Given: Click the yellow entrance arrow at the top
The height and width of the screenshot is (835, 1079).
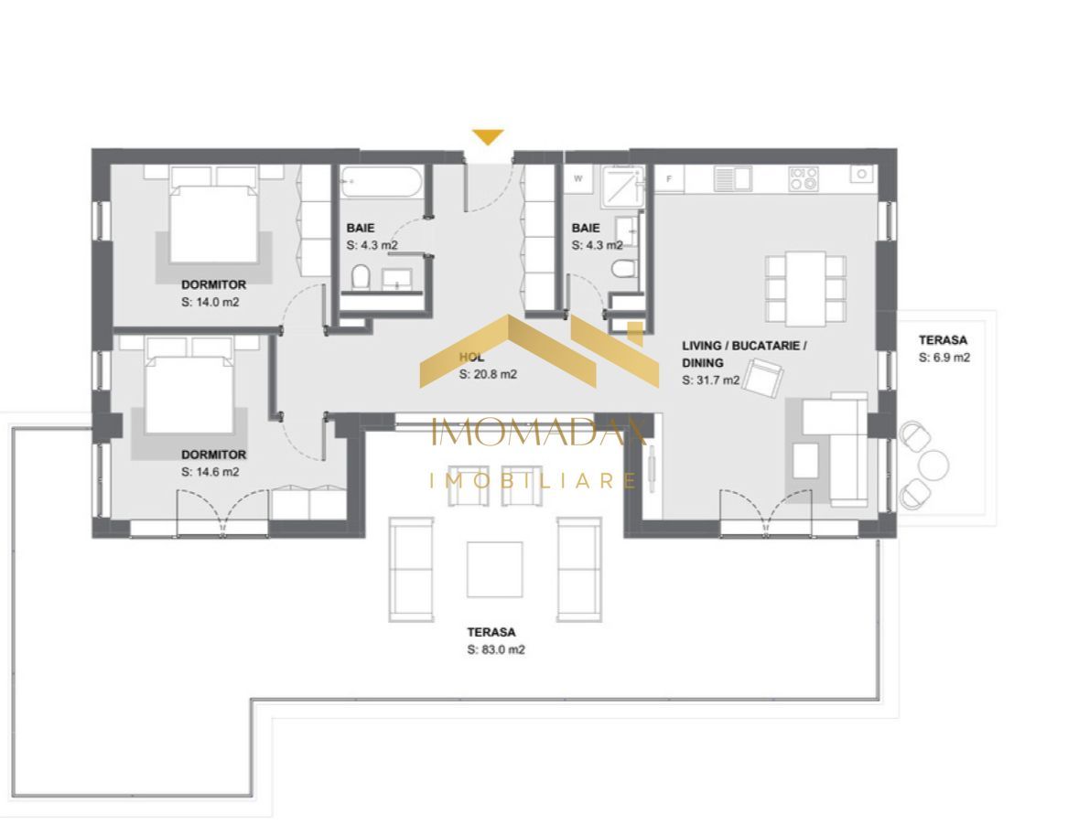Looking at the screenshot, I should [488, 137].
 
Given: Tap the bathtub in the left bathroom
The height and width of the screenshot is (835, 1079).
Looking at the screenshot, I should [381, 182].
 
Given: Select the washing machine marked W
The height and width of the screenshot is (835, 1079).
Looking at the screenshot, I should [578, 179].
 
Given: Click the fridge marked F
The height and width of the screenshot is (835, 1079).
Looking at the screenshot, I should [670, 179].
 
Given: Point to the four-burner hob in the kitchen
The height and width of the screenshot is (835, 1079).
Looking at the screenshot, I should [804, 178].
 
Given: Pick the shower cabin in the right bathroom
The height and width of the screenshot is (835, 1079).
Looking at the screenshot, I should [621, 183].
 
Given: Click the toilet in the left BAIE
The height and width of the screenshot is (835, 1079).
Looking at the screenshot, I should [360, 276].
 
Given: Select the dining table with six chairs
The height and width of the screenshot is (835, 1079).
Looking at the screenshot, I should [805, 286].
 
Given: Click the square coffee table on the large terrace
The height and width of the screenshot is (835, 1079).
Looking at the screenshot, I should [494, 569].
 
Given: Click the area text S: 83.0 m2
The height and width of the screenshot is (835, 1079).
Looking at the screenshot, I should [495, 650].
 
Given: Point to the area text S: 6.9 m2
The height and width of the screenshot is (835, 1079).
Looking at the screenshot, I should [944, 358].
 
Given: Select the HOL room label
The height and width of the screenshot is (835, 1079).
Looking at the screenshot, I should [471, 358].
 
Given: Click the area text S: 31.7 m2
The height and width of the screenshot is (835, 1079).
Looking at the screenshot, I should [710, 380].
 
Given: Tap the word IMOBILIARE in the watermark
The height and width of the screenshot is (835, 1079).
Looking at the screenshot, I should [534, 480].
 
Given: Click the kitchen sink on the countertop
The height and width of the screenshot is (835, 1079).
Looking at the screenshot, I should [732, 178].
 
